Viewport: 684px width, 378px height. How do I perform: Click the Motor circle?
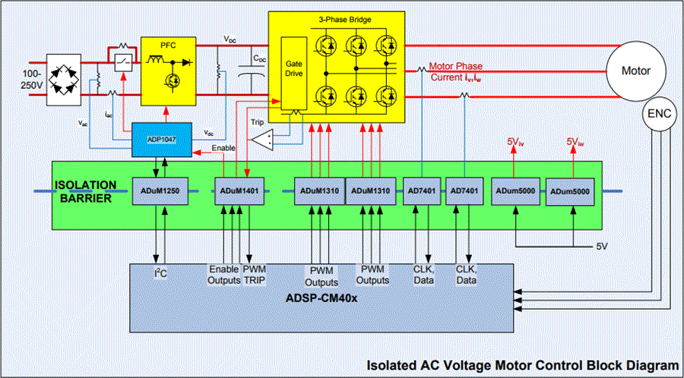click(636, 71)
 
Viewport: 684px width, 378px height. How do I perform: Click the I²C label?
click(160, 272)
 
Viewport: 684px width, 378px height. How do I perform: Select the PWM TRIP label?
click(254, 275)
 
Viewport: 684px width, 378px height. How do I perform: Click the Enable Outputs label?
click(223, 275)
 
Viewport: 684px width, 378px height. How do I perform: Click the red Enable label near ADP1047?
click(223, 148)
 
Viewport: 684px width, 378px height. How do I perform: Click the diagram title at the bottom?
click(522, 366)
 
